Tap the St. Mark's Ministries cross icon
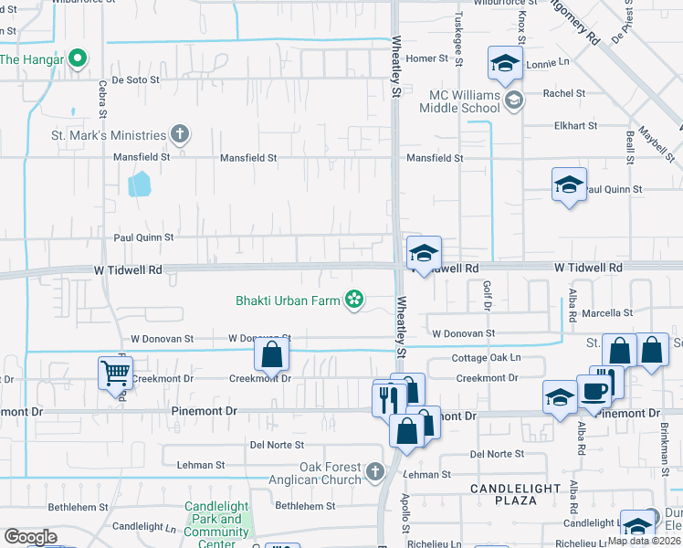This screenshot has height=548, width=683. (180, 135)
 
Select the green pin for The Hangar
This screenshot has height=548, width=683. (78, 59)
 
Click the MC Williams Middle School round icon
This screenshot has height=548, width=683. (513, 100)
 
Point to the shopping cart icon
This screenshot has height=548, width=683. (114, 373)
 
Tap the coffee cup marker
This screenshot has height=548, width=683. (594, 392)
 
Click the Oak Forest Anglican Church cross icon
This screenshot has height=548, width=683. (374, 472)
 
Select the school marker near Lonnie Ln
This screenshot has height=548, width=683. (503, 63)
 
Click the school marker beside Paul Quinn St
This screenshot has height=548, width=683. (569, 185)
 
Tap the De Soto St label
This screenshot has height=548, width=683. (136, 79)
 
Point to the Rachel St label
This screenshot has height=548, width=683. (563, 93)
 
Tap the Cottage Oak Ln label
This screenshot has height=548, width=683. (487, 357)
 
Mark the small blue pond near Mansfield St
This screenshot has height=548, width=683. (139, 184)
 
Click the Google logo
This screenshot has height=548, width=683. (30, 537)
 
